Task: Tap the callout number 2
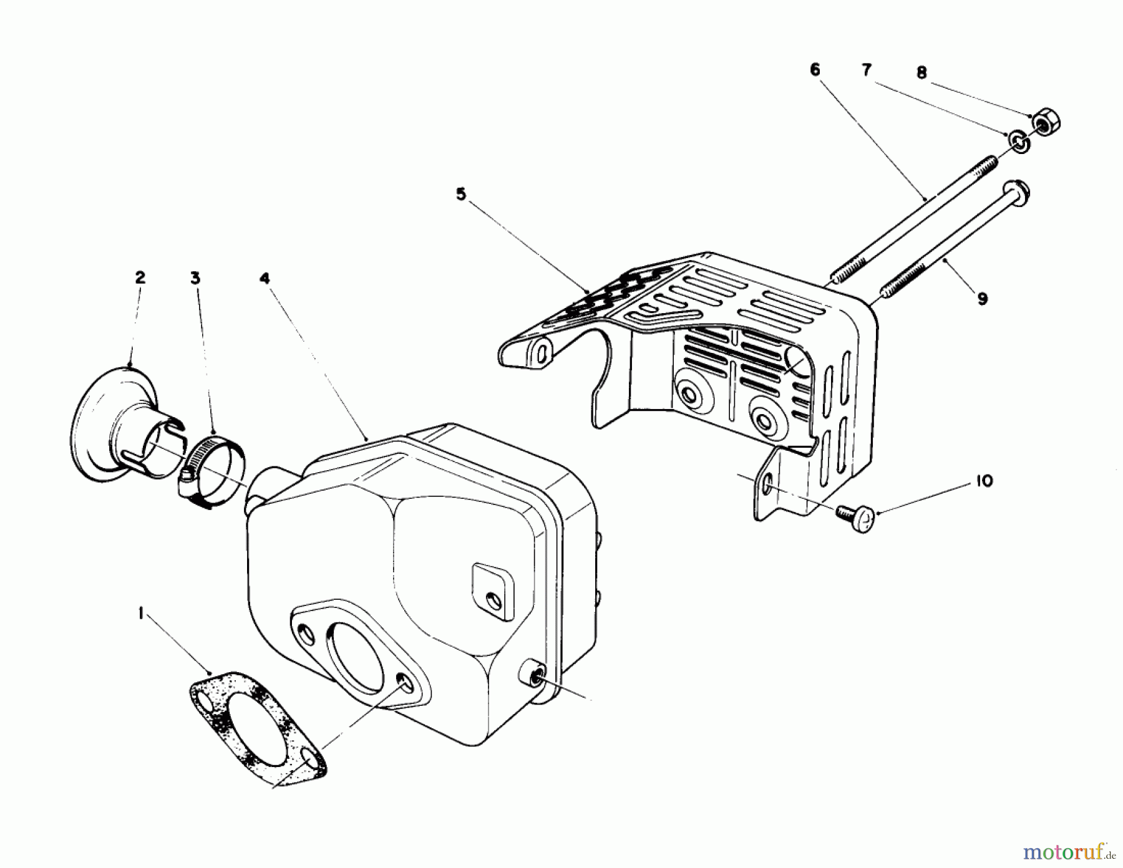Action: (140, 277)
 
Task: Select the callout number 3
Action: (195, 277)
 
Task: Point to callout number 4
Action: (265, 278)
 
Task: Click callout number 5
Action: (460, 195)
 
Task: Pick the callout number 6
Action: (815, 70)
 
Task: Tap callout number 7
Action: (867, 70)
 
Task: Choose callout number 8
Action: (921, 73)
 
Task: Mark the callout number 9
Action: (983, 299)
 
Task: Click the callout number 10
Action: (984, 481)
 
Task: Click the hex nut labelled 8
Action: (1044, 124)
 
